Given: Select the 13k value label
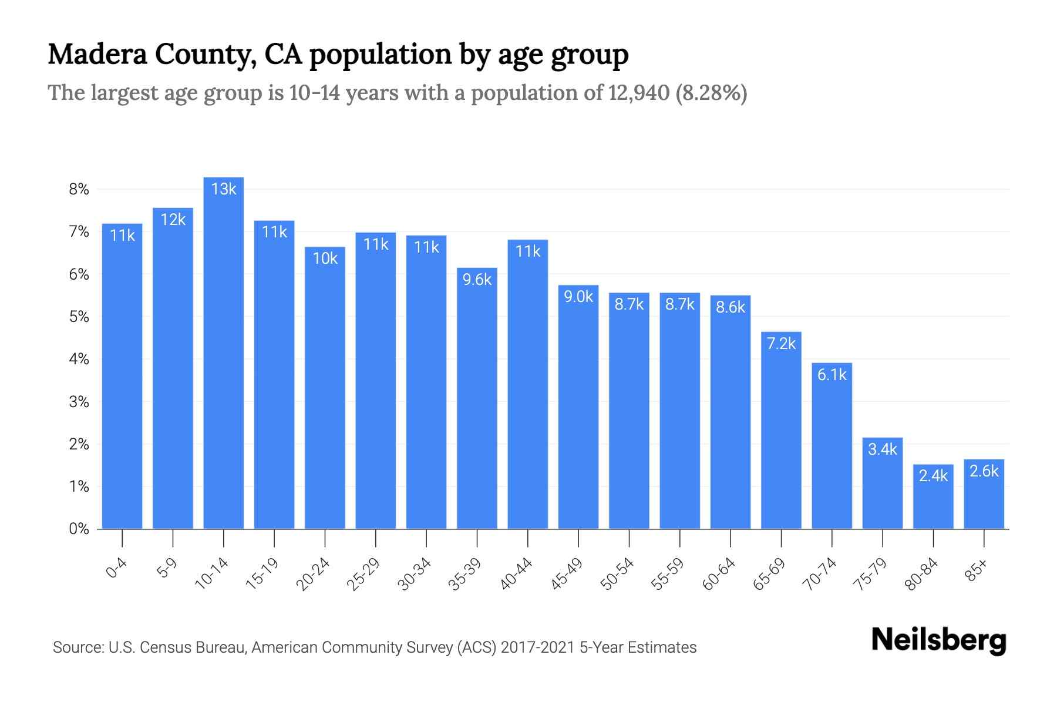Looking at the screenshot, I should click(223, 189).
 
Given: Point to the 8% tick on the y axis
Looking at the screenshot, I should click(79, 189).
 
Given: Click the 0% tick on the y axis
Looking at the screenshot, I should click(79, 529).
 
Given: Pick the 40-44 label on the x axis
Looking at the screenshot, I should click(517, 573).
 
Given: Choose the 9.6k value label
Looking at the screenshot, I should click(477, 279).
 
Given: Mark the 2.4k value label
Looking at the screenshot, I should click(933, 475).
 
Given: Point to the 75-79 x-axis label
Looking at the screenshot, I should click(871, 573).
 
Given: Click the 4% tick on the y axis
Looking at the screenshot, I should click(79, 359).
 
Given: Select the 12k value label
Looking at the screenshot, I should click(173, 219).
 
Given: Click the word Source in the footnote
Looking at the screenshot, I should click(76, 647).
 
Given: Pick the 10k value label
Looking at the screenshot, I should click(325, 258).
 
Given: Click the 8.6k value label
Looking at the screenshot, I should click(731, 307).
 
